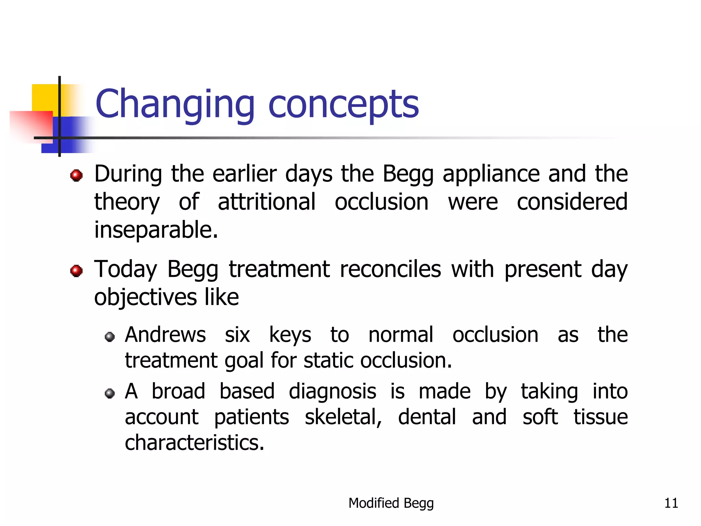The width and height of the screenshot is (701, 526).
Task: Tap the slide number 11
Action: (671, 503)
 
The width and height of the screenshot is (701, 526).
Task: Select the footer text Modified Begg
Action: (391, 503)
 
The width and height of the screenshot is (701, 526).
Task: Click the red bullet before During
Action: (76, 175)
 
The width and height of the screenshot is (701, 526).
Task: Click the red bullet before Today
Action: (76, 271)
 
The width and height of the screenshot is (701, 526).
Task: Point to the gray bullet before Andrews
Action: (110, 337)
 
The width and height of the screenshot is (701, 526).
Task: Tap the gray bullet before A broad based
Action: (110, 393)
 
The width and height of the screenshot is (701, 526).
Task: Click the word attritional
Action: (266, 202)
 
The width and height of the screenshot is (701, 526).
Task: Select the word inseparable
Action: (156, 230)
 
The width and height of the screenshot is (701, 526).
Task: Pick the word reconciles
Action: (390, 269)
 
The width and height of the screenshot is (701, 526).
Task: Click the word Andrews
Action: (165, 335)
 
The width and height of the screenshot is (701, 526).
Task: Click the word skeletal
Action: (343, 417)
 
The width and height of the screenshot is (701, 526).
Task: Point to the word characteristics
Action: (194, 443)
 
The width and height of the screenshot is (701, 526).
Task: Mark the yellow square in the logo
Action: (44, 97)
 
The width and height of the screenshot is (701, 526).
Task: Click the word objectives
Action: (145, 298)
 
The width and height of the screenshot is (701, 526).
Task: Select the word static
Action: (328, 361)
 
